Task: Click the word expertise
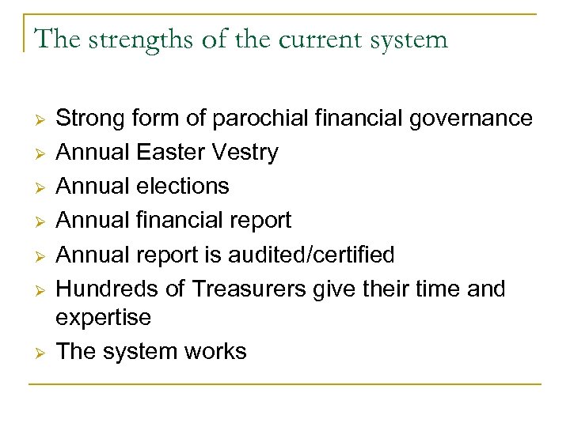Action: (x=103, y=318)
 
